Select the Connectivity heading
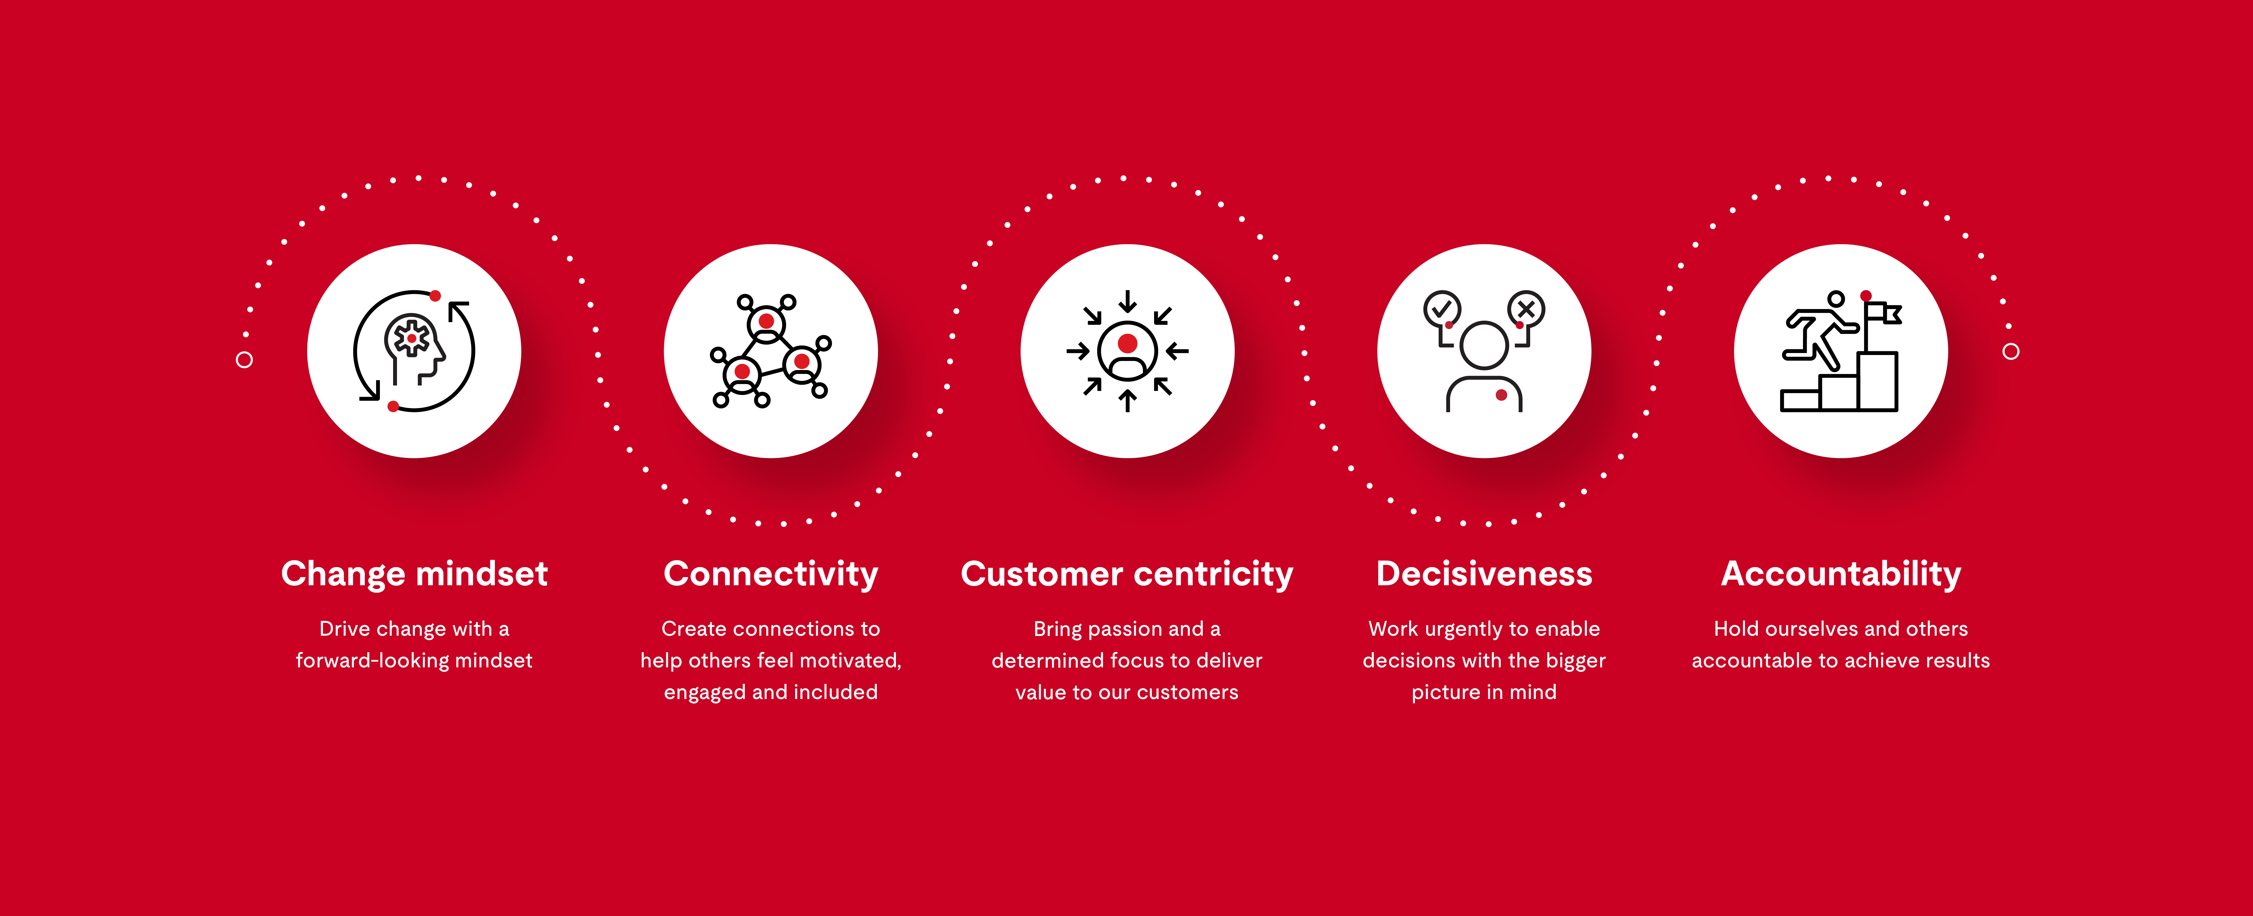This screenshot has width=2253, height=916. pyautogui.click(x=771, y=574)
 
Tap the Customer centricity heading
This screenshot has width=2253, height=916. pyautogui.click(x=1126, y=574)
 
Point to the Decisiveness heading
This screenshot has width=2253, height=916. pyautogui.click(x=1484, y=574)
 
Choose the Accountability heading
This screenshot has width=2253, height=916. pyautogui.click(x=1841, y=574)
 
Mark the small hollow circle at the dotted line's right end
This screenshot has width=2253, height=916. pyautogui.click(x=2011, y=351)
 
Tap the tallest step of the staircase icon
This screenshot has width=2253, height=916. pyautogui.click(x=1878, y=381)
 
